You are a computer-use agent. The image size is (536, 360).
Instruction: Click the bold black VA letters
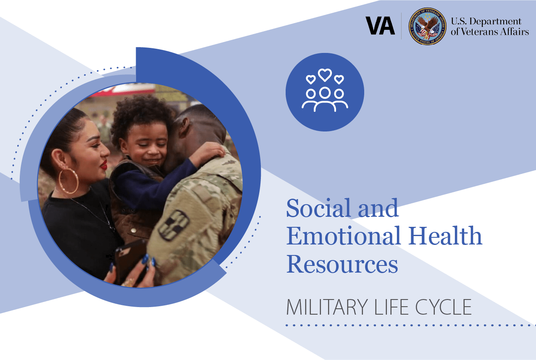[x=380, y=26]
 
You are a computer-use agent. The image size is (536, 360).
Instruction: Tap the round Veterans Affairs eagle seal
[x=427, y=26]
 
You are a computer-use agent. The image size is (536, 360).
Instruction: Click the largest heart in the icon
[x=325, y=75]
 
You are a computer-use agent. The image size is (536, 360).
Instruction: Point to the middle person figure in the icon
[x=325, y=99]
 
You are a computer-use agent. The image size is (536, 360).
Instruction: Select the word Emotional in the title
[x=344, y=236]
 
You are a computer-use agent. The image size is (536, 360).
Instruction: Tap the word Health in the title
[x=445, y=236]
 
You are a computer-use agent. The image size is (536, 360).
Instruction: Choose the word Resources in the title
[x=342, y=264]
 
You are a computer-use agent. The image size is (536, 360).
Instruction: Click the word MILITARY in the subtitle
[x=327, y=307]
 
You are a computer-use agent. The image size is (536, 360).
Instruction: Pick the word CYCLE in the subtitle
[x=444, y=307]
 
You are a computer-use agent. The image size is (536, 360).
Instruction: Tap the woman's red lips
[x=104, y=165]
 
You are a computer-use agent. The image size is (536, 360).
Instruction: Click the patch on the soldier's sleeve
[x=174, y=225]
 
